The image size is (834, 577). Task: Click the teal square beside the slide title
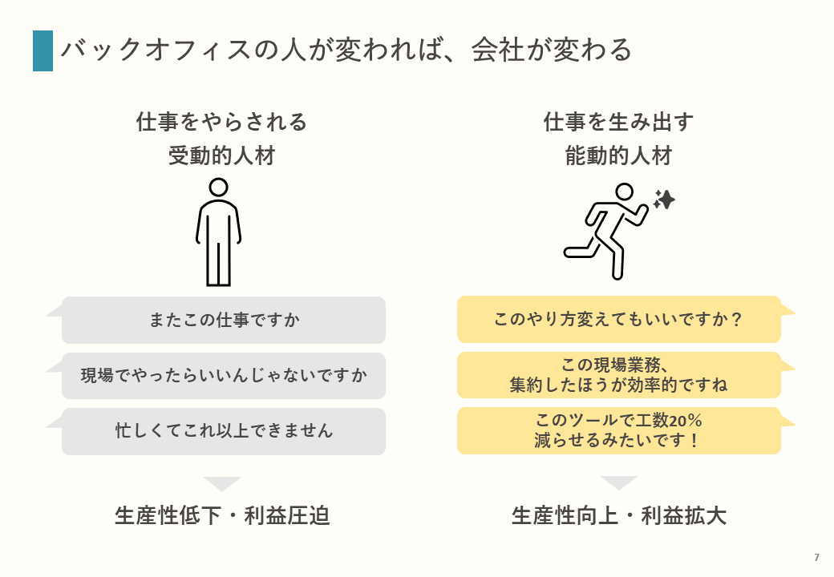pyautogui.click(x=43, y=50)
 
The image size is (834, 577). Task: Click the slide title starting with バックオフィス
pyautogui.click(x=346, y=50)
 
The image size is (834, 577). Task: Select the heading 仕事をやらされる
pyautogui.click(x=222, y=123)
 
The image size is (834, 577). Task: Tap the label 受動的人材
pyautogui.click(x=222, y=155)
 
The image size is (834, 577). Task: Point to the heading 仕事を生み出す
pyautogui.click(x=618, y=123)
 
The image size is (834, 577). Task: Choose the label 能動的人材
pyautogui.click(x=618, y=155)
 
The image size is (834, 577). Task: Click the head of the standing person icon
pyautogui.click(x=218, y=188)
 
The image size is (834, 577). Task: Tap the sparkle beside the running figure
pyautogui.click(x=665, y=200)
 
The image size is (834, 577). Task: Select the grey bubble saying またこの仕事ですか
pyautogui.click(x=224, y=320)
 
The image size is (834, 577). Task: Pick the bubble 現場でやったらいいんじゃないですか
pyautogui.click(x=224, y=375)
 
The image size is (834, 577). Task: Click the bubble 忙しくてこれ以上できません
pyautogui.click(x=224, y=431)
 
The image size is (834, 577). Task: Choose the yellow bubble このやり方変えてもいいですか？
pyautogui.click(x=618, y=319)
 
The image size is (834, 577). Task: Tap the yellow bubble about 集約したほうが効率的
pyautogui.click(x=618, y=375)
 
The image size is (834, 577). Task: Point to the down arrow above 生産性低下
pyautogui.click(x=222, y=483)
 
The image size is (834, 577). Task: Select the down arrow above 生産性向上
pyautogui.click(x=618, y=482)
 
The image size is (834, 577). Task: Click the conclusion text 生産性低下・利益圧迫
pyautogui.click(x=222, y=516)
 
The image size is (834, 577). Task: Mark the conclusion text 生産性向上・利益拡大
pyautogui.click(x=618, y=516)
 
